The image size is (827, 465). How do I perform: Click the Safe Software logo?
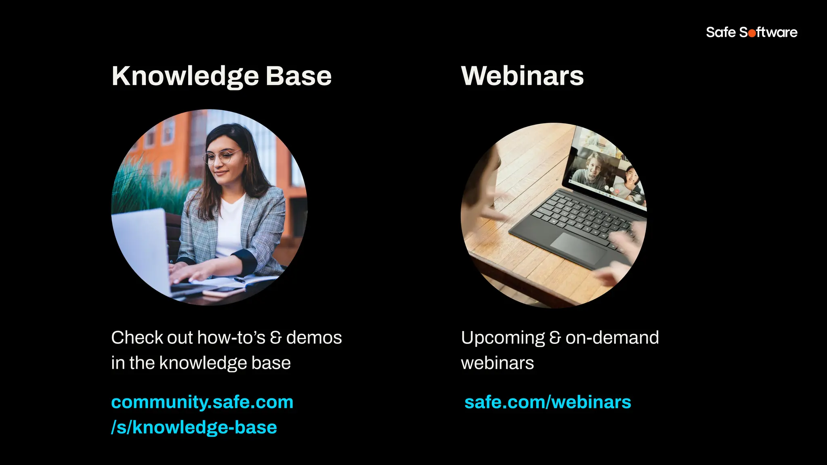coord(751,32)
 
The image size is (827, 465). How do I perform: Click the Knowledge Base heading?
coord(221,76)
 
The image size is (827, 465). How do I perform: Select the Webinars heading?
coord(522,76)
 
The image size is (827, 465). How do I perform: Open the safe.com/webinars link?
coord(548,402)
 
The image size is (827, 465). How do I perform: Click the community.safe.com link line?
coord(202,402)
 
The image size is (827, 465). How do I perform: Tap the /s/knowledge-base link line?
coord(194,427)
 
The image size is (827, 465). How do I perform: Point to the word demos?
coord(314,337)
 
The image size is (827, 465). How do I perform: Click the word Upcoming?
coord(503,337)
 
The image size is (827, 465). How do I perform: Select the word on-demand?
coord(612,337)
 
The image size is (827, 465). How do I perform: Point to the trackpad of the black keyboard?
coord(578,248)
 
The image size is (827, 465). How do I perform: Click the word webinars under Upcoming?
coord(497,363)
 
